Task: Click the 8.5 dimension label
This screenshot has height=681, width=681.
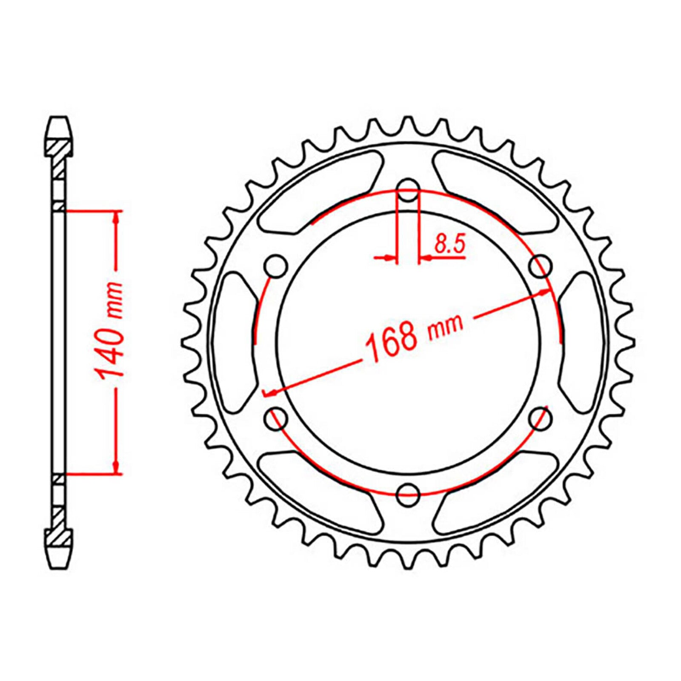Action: coord(449,245)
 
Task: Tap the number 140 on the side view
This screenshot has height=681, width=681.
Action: coord(109,354)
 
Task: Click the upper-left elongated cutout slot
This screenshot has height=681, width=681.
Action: coord(323,192)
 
